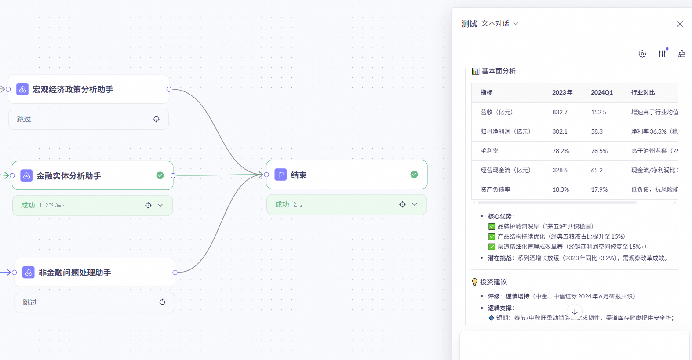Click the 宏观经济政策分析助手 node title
click(73, 89)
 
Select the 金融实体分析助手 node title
click(69, 176)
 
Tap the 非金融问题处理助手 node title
click(75, 273)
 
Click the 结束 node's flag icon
click(280, 175)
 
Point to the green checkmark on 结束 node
click(414, 175)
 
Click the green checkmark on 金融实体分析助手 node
click(160, 175)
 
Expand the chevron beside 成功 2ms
click(415, 204)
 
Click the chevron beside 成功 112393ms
click(160, 205)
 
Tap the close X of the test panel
click(680, 24)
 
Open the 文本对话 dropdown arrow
click(516, 24)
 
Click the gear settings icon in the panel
click(642, 54)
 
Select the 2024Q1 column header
click(601, 92)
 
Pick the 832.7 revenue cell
click(560, 112)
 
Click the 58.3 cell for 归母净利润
click(597, 131)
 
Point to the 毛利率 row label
click(489, 151)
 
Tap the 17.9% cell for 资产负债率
click(599, 189)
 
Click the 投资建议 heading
click(493, 282)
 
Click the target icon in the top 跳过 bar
click(157, 119)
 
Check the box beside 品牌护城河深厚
click(492, 226)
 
